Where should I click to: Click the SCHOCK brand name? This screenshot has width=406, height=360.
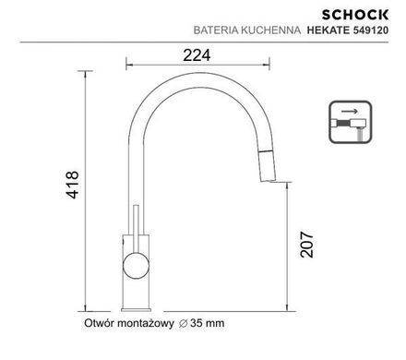coord(355,15)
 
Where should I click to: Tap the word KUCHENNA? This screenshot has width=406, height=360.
coord(271,30)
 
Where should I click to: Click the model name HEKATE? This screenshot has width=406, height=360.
coord(328,30)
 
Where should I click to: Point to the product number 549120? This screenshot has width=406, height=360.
coord(370,30)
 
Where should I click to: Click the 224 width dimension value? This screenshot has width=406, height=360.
coord(197,55)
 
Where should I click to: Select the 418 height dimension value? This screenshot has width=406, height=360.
coord(73,185)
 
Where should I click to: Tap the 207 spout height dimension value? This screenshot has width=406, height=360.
coord(307,245)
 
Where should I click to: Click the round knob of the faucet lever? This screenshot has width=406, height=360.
coord(136,266)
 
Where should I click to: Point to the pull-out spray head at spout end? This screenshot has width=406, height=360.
coord(267,165)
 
